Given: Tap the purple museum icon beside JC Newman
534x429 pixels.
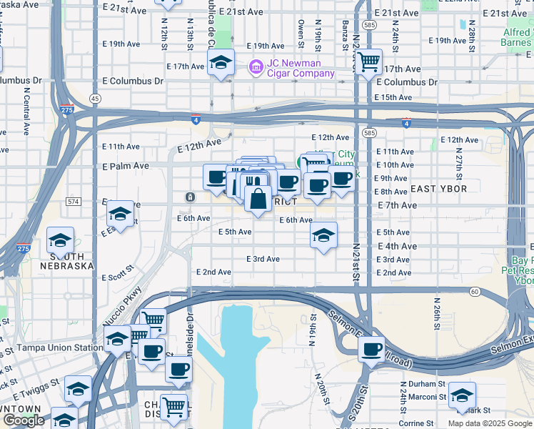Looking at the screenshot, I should [x=255, y=68].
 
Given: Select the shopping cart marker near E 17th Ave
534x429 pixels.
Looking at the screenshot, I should [x=368, y=62].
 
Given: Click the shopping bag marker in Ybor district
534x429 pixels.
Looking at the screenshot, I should [x=258, y=197].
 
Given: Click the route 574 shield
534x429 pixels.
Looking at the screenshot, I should [x=74, y=202].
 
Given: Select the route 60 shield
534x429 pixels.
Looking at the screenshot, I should [x=474, y=291].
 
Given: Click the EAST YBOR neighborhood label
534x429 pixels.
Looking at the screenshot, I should [x=438, y=189].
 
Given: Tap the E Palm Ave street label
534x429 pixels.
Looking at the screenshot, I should [x=126, y=166].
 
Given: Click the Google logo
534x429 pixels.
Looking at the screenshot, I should [x=24, y=420].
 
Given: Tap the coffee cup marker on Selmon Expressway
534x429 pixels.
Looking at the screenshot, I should [x=371, y=349].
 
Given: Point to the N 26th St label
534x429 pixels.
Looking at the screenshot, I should [x=436, y=305].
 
